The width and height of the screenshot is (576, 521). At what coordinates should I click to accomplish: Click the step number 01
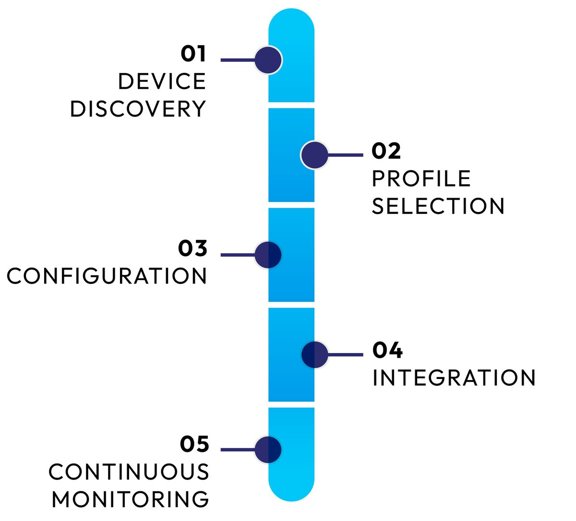193,54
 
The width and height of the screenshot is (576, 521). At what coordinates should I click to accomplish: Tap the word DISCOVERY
138,109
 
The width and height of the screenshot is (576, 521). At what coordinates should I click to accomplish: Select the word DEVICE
162,82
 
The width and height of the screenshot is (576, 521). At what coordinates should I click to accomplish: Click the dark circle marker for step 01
268,60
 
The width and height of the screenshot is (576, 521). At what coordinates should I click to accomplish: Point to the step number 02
386,151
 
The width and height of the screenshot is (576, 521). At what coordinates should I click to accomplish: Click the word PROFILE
421,178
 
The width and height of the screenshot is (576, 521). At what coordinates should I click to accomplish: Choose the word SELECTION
438,206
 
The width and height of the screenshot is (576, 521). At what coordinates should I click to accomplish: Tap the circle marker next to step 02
314,155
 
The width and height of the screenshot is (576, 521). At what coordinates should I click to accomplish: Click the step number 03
192,249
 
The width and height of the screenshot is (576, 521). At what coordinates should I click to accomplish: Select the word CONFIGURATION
107,276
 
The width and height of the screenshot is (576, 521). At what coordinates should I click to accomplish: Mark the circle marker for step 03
268,255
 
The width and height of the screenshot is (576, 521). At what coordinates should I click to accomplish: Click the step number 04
387,350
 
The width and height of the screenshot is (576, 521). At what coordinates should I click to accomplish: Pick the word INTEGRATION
454,378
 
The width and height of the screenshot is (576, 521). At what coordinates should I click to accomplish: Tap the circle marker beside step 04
314,355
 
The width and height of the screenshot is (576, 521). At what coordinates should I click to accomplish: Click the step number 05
194,444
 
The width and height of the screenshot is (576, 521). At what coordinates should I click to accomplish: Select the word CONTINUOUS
129,472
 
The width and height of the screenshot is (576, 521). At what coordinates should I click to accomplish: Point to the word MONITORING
131,499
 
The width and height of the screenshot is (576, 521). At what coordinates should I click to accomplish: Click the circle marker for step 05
268,450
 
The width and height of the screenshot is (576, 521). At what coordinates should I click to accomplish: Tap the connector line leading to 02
346,155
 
